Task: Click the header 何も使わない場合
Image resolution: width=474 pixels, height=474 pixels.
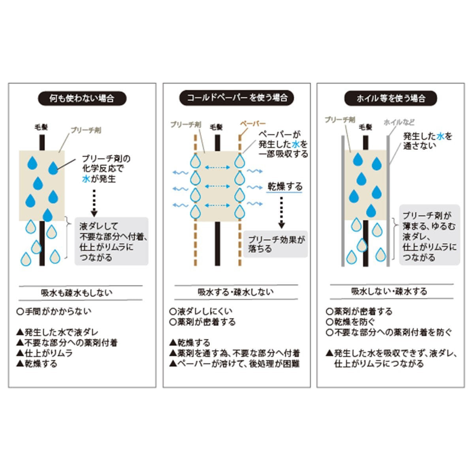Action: [82, 99]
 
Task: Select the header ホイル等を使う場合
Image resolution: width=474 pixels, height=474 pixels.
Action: [391, 99]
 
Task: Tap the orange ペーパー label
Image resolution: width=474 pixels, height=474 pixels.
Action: [253, 123]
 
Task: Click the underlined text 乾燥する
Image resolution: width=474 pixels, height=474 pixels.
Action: [285, 187]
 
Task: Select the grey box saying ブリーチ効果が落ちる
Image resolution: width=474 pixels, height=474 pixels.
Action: [276, 244]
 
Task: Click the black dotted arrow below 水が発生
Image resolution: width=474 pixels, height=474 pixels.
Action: [94, 203]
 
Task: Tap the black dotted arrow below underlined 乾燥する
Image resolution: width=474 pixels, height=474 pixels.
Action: [282, 213]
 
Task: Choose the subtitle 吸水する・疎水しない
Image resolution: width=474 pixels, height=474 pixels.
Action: [236, 292]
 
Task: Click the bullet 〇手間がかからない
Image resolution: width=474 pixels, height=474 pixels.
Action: [54, 312]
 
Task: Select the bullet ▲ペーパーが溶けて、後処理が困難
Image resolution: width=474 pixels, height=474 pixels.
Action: [234, 363]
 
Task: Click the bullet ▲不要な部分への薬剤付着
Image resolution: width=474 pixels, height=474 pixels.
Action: [67, 342]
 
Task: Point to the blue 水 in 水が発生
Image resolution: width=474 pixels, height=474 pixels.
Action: [86, 179]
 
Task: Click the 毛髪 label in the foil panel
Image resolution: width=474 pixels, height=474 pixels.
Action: [365, 127]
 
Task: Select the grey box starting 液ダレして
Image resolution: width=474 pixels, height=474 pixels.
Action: [111, 241]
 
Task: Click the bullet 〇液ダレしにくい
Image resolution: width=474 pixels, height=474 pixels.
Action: [201, 311]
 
